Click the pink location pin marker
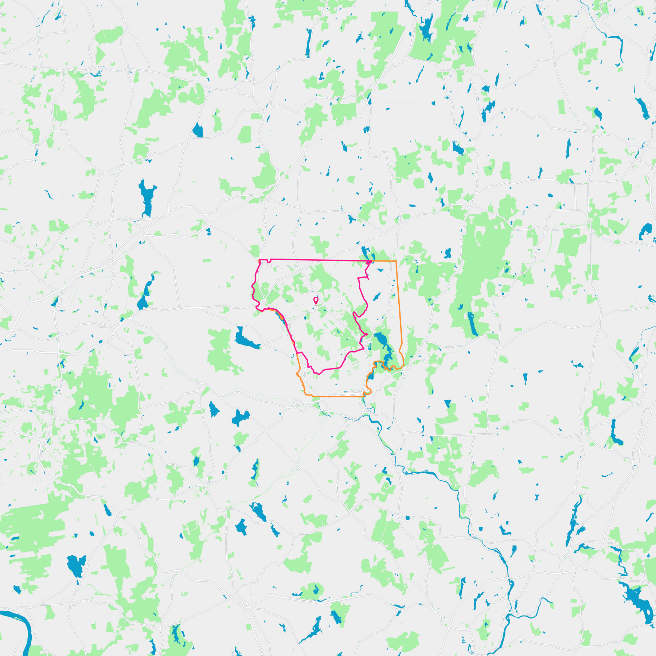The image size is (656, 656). click(x=316, y=300)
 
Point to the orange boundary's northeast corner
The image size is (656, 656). click(x=396, y=261)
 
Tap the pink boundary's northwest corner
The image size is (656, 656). click(x=259, y=260)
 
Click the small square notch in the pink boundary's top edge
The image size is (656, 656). click(x=269, y=261)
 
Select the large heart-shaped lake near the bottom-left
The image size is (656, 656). click(x=76, y=565)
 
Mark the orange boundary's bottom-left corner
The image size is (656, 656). click(x=305, y=395)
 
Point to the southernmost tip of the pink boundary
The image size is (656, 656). click(x=319, y=374)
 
